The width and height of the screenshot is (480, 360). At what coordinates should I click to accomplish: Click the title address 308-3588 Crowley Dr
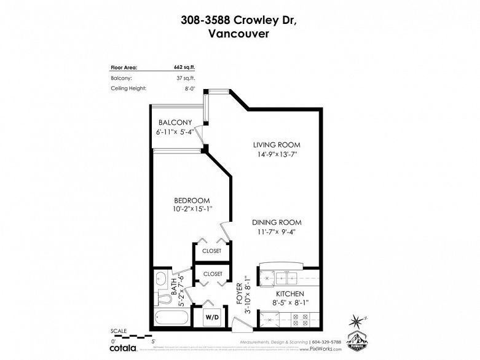[x=240, y=20]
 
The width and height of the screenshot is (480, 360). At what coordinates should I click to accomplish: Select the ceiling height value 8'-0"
[x=189, y=89]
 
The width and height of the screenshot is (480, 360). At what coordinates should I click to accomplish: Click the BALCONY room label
[x=175, y=122]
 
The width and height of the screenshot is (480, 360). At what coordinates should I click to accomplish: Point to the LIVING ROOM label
[x=277, y=145]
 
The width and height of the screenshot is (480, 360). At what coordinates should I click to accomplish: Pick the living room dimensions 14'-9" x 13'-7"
[x=277, y=154]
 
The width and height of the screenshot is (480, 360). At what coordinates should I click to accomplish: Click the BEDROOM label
[x=192, y=200]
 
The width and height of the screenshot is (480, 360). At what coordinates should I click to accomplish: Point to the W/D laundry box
[x=211, y=317]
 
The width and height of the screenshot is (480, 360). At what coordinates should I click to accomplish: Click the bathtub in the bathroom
[x=171, y=318]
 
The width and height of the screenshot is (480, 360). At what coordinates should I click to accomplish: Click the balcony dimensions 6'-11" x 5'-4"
[x=175, y=131]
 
